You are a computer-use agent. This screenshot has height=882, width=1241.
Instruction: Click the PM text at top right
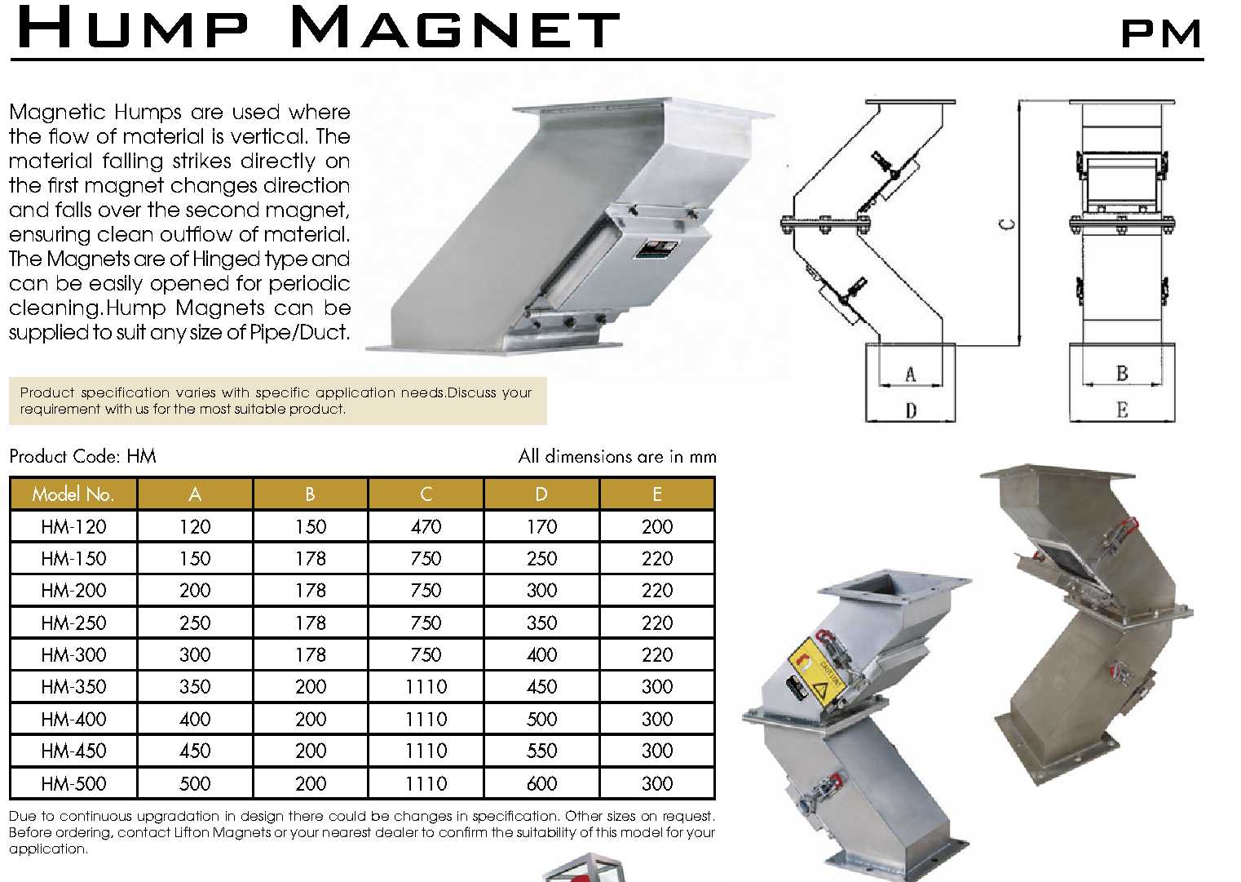(x=1161, y=33)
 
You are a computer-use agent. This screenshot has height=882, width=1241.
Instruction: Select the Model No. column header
(x=73, y=494)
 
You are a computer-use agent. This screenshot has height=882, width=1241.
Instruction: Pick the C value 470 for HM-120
(x=426, y=527)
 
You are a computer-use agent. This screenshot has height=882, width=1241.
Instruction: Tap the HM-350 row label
(x=73, y=687)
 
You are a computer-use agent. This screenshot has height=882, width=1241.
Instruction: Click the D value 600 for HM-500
(x=541, y=784)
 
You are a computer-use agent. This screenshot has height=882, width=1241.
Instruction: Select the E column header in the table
(x=656, y=494)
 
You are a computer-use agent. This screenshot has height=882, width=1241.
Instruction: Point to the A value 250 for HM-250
(x=195, y=623)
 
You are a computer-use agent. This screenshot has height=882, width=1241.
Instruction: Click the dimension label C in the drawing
(x=1008, y=224)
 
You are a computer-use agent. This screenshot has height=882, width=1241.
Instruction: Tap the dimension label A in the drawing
(x=911, y=375)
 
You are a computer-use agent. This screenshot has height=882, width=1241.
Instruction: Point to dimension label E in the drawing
(x=1122, y=410)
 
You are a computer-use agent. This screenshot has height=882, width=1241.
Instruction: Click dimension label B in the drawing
(x=1122, y=374)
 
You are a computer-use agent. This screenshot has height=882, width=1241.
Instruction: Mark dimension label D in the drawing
(x=911, y=410)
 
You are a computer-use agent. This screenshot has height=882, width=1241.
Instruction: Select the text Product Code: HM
(x=82, y=456)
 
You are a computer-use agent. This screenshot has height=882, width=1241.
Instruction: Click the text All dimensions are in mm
(x=617, y=456)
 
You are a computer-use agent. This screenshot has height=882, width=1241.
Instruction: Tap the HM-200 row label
(x=73, y=591)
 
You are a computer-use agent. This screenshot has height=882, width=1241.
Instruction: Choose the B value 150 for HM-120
(x=310, y=527)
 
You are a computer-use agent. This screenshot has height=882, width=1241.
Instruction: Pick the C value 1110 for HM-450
(x=426, y=751)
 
